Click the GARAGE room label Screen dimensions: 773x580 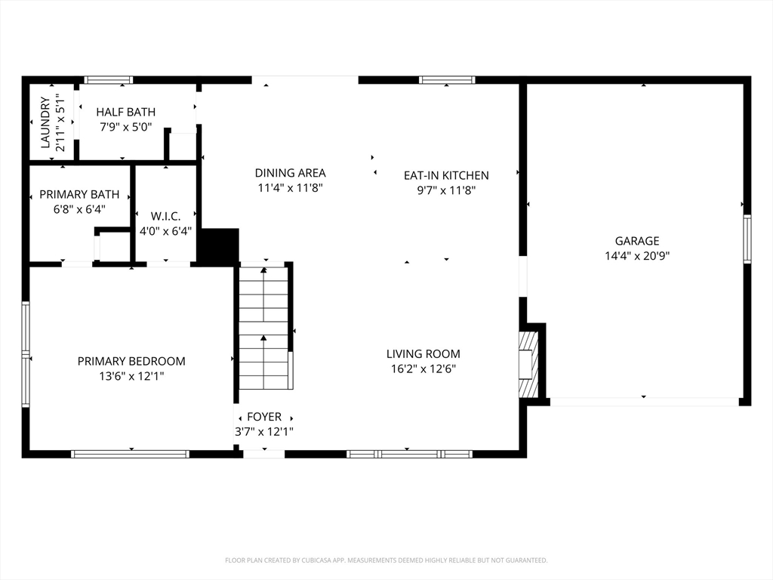point(637,241)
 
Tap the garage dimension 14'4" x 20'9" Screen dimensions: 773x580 point(637,256)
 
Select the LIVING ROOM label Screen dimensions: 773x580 point(423,353)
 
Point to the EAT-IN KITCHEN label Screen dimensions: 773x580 point(446,175)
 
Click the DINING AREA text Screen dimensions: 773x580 point(291,173)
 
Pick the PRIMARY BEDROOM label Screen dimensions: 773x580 point(131,361)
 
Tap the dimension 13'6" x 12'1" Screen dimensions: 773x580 point(131,376)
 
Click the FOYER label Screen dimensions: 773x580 point(264,417)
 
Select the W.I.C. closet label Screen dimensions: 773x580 point(165,216)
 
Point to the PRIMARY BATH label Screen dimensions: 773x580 point(79,194)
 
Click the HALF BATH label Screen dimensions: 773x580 point(126,112)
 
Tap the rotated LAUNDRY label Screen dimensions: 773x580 point(45,122)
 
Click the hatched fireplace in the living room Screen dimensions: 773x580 point(528,364)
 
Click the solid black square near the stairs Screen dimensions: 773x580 point(218,247)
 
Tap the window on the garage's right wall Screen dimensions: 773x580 point(747,239)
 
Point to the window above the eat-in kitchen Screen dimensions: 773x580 point(447,80)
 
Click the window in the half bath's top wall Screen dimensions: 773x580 point(109,80)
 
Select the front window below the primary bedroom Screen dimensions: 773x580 point(130,454)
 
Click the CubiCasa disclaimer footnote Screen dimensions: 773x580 point(386,560)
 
